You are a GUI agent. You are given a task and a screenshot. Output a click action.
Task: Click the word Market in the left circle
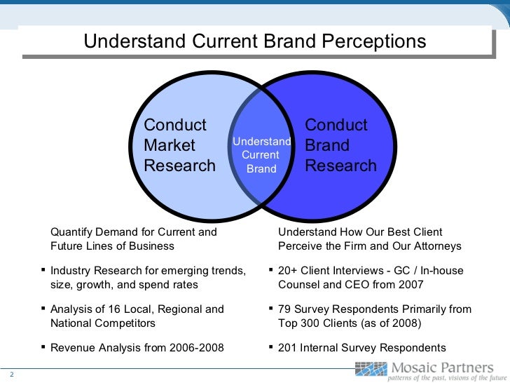click(170, 146)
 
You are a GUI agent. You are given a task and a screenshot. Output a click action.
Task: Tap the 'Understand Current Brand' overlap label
click(261, 155)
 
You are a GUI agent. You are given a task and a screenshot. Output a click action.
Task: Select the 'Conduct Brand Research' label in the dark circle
click(340, 146)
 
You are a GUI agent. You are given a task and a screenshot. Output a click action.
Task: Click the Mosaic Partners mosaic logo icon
click(371, 368)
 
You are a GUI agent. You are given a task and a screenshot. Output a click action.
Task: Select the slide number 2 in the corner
click(12, 374)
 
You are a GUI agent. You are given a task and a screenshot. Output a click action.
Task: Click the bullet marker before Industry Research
click(43, 269)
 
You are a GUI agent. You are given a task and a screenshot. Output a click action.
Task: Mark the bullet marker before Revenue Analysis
click(43, 346)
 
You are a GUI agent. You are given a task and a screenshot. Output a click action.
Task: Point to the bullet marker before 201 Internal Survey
click(271, 346)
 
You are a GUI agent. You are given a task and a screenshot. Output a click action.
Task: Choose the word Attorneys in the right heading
click(437, 246)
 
